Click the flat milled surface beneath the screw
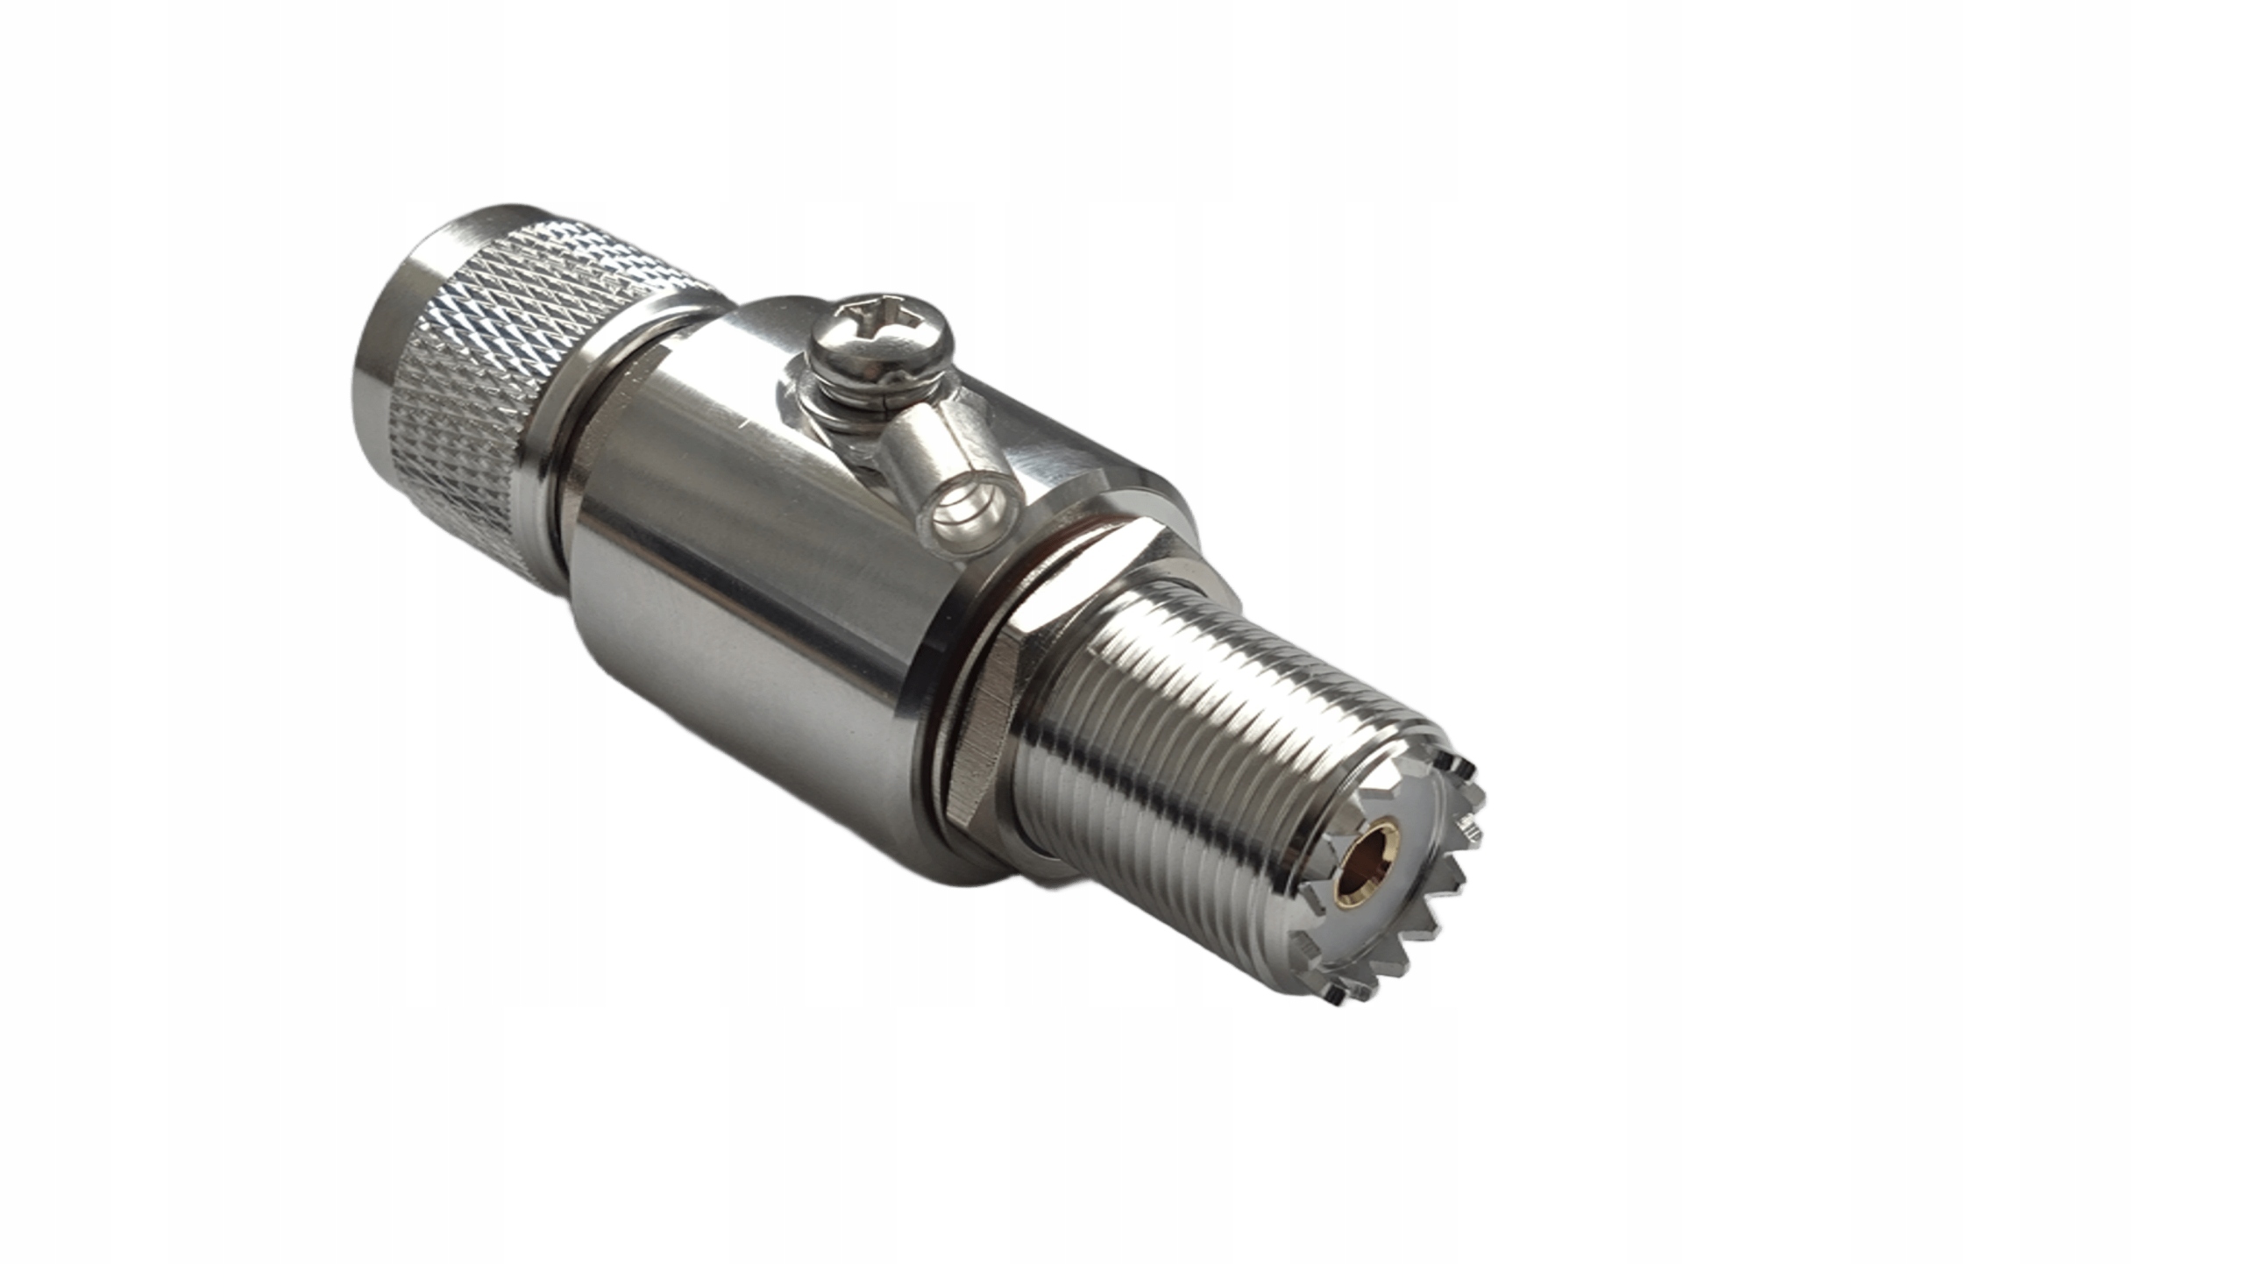click(x=1034, y=438)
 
